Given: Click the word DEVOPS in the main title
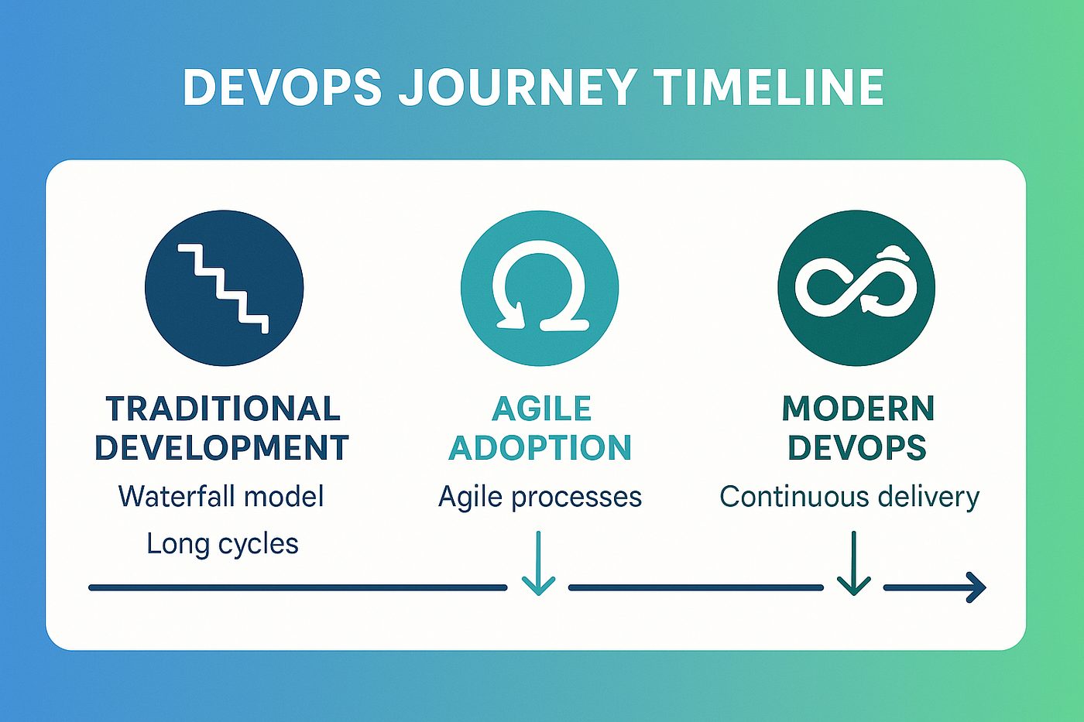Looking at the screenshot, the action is pyautogui.click(x=283, y=87).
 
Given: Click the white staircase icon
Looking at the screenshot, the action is pyautogui.click(x=223, y=289).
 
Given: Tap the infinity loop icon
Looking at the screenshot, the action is pyautogui.click(x=856, y=288).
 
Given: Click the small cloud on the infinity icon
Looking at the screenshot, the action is pyautogui.click(x=894, y=253).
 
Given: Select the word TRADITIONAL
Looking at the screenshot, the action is pyautogui.click(x=223, y=409).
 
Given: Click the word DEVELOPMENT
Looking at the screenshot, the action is pyautogui.click(x=222, y=447).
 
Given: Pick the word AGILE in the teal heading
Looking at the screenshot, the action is pyautogui.click(x=541, y=409).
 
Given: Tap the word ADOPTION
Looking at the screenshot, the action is pyautogui.click(x=540, y=447).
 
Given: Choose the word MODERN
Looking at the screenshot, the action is pyautogui.click(x=858, y=409).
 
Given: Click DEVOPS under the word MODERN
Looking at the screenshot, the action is pyautogui.click(x=857, y=447).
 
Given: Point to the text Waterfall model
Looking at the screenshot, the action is pyautogui.click(x=221, y=497).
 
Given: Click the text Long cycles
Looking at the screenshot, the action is pyautogui.click(x=222, y=544).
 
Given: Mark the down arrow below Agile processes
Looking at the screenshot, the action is pyautogui.click(x=538, y=563).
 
